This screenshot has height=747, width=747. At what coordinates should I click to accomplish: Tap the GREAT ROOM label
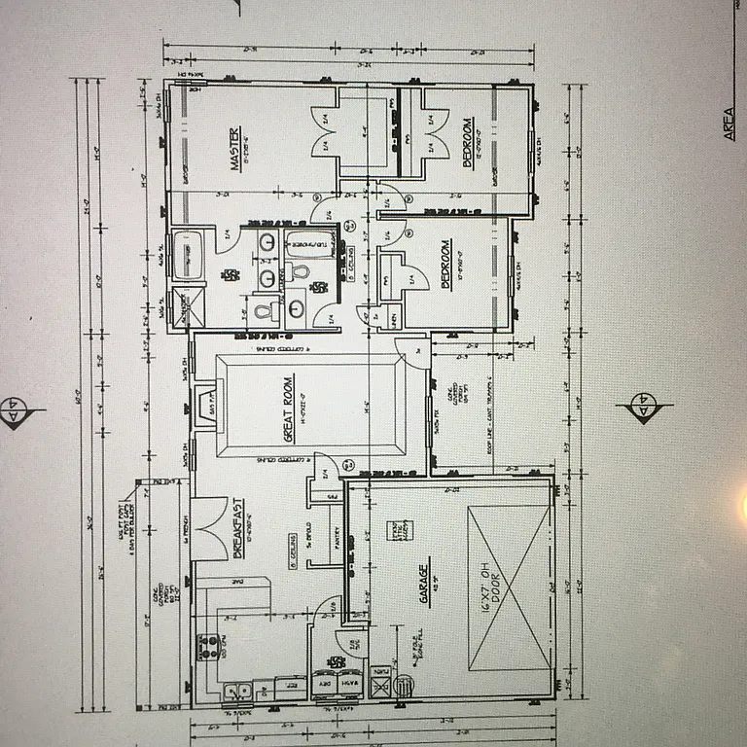(288, 408)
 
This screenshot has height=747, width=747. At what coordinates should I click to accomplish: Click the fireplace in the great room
(202, 402)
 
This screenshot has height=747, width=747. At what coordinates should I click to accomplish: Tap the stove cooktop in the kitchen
(206, 646)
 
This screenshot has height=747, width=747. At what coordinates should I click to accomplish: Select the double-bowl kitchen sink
(234, 692)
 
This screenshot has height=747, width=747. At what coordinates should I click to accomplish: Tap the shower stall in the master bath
(184, 306)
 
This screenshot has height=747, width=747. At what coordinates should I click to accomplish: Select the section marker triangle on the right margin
(642, 409)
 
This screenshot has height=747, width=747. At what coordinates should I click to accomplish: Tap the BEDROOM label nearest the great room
(445, 264)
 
